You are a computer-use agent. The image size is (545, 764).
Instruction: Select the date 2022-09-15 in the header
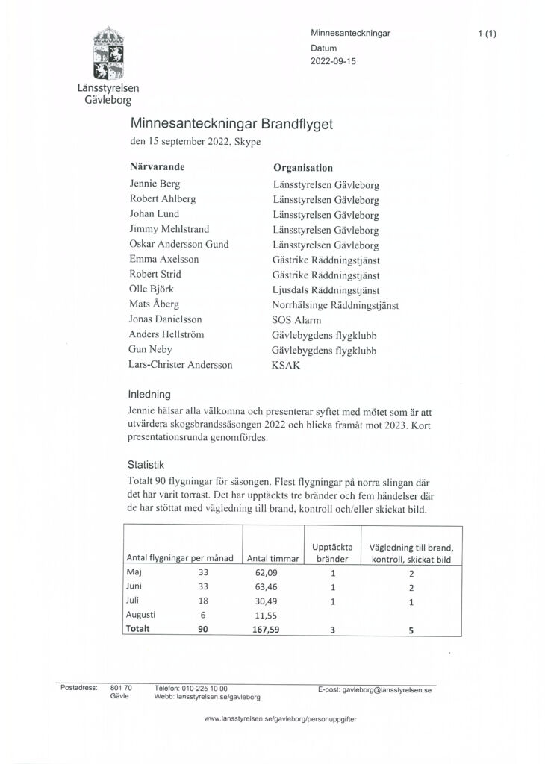[x=334, y=62]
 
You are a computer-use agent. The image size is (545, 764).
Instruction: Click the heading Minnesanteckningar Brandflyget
[x=231, y=123]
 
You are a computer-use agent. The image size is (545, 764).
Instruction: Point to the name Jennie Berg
[x=155, y=184]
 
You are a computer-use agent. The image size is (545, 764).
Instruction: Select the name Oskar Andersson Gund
[x=179, y=244]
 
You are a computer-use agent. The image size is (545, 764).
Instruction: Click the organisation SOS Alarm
[x=296, y=319]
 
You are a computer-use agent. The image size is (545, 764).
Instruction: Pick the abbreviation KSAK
[x=285, y=366]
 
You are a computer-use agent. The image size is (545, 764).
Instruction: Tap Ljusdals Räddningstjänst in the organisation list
[x=326, y=289]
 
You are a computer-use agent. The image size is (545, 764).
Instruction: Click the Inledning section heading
[x=150, y=394]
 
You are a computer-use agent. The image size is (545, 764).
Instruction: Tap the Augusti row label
[x=141, y=615]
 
